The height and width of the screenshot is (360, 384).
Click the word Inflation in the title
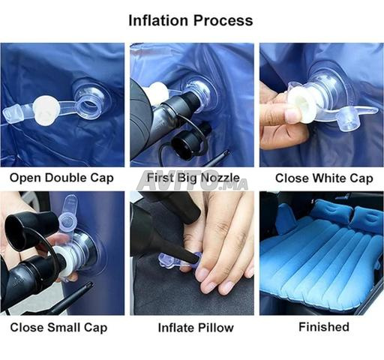[x=158, y=20]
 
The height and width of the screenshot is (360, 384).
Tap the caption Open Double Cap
[x=61, y=178]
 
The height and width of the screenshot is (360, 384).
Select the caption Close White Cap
[x=324, y=178]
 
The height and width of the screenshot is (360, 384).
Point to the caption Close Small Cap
[x=58, y=328]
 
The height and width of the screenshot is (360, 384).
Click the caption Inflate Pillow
[x=196, y=328]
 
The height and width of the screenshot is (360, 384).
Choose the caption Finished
[x=324, y=327]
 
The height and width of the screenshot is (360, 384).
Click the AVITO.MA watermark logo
[x=193, y=181]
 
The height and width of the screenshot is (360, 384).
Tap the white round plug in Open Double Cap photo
[x=46, y=111]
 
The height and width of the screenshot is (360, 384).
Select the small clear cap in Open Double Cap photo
[x=12, y=114]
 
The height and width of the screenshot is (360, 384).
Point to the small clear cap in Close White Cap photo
[x=349, y=121]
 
